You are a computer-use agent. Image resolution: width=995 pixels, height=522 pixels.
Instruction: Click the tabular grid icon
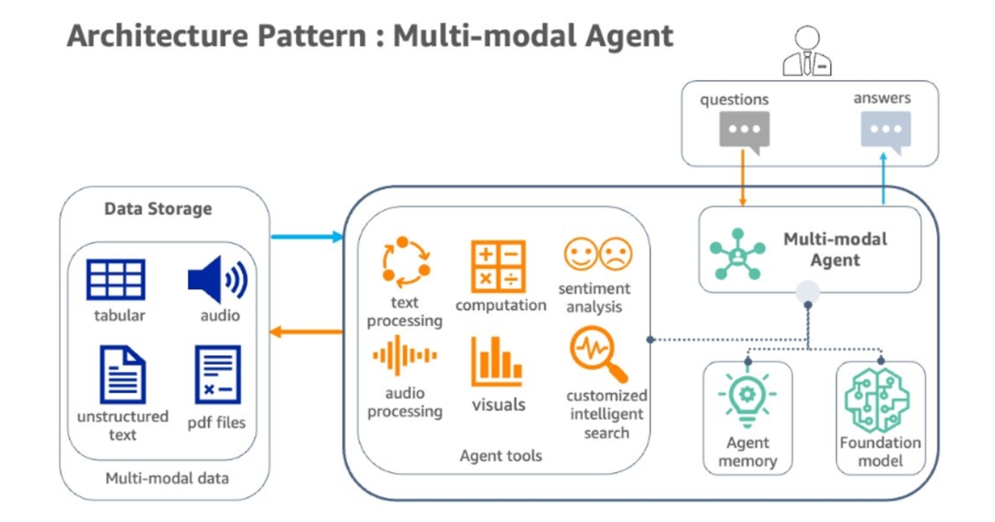pyautogui.click(x=116, y=280)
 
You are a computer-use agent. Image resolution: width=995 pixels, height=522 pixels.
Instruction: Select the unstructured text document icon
pyautogui.click(x=122, y=375)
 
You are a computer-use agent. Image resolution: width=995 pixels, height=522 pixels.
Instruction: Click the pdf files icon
pyautogui.click(x=218, y=375)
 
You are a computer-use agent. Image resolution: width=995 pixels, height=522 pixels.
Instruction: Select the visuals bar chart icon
pyautogui.click(x=497, y=361)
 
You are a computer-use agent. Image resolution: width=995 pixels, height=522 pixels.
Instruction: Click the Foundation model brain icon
pyautogui.click(x=877, y=400)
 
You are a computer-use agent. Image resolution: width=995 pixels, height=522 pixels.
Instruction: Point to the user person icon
pyautogui.click(x=807, y=52)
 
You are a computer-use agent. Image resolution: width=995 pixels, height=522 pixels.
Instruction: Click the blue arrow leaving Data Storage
pyautogui.click(x=307, y=237)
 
